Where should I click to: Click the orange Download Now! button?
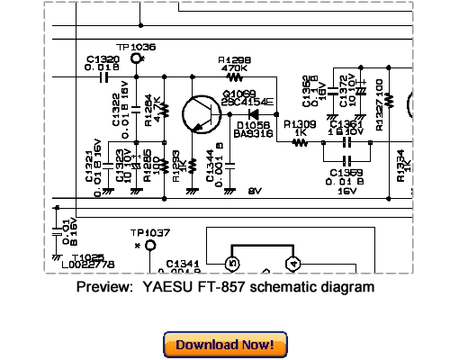point(225,345)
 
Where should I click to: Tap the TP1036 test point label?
point(136,46)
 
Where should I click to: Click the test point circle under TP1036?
point(137,59)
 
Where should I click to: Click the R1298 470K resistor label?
point(234,63)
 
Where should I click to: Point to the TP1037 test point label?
point(148,231)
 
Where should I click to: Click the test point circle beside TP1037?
point(150,245)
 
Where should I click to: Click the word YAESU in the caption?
point(167,287)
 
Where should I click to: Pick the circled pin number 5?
point(231,263)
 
